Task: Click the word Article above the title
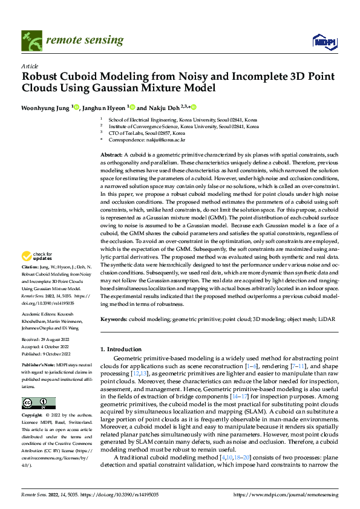[x=29, y=66]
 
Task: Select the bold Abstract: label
[x=112, y=156]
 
